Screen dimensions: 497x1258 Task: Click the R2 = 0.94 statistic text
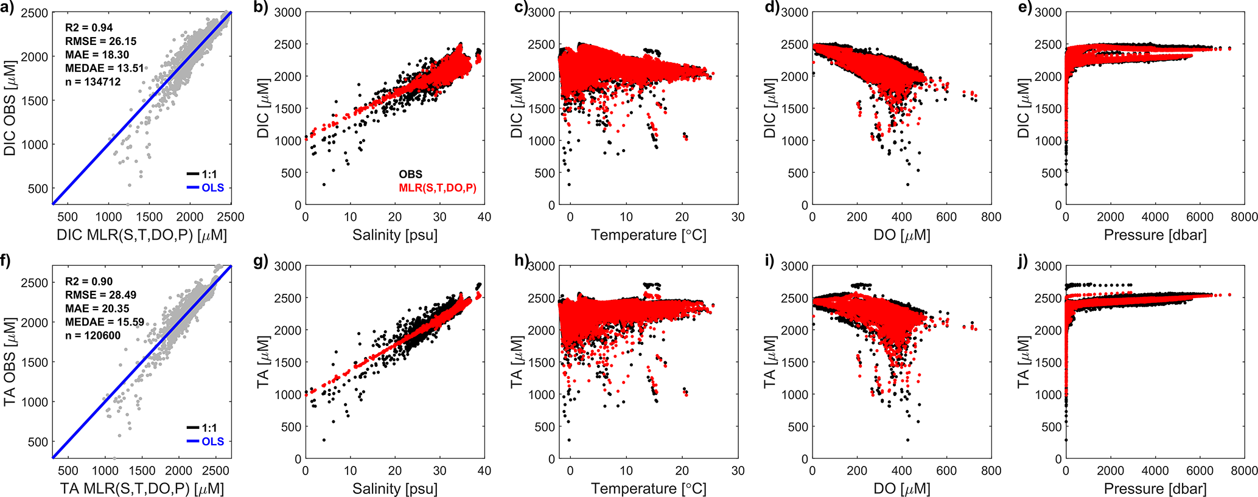click(x=89, y=27)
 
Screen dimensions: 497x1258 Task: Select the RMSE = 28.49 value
click(x=100, y=295)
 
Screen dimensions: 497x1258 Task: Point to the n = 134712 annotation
click(x=93, y=82)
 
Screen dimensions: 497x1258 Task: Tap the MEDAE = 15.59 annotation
click(x=105, y=322)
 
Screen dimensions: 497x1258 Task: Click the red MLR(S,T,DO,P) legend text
click(x=438, y=188)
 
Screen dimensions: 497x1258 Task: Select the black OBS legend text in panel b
click(x=410, y=174)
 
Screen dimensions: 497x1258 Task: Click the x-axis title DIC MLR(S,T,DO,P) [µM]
click(x=141, y=235)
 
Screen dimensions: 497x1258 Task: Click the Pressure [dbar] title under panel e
click(x=1155, y=235)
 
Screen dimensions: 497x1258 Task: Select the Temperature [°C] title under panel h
click(x=648, y=488)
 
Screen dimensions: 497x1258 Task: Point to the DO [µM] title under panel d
click(x=901, y=235)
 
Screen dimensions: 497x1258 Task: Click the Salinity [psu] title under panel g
click(x=394, y=488)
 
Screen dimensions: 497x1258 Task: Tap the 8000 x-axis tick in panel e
click(x=1244, y=217)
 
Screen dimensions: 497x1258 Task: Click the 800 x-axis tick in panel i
click(x=991, y=471)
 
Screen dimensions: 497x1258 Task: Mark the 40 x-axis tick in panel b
click(x=484, y=217)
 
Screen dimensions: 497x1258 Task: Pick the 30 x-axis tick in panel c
click(x=738, y=217)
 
